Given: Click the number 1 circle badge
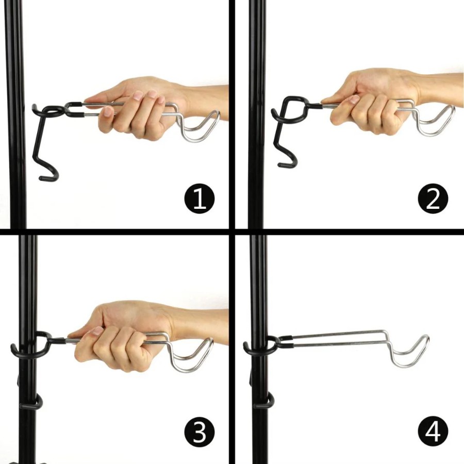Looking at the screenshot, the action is click(200, 198).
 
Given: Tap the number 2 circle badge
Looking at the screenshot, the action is click(433, 198).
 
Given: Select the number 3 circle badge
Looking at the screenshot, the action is click(200, 432).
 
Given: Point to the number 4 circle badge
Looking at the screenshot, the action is click(433, 432).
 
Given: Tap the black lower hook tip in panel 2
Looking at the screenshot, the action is click(280, 165).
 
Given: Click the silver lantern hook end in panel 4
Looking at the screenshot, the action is click(427, 338).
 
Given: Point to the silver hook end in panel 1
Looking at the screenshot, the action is click(218, 113).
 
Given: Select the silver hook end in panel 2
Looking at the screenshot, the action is click(452, 108).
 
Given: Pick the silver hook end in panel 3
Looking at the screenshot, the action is click(211, 340).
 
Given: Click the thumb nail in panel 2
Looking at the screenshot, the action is click(354, 99).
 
